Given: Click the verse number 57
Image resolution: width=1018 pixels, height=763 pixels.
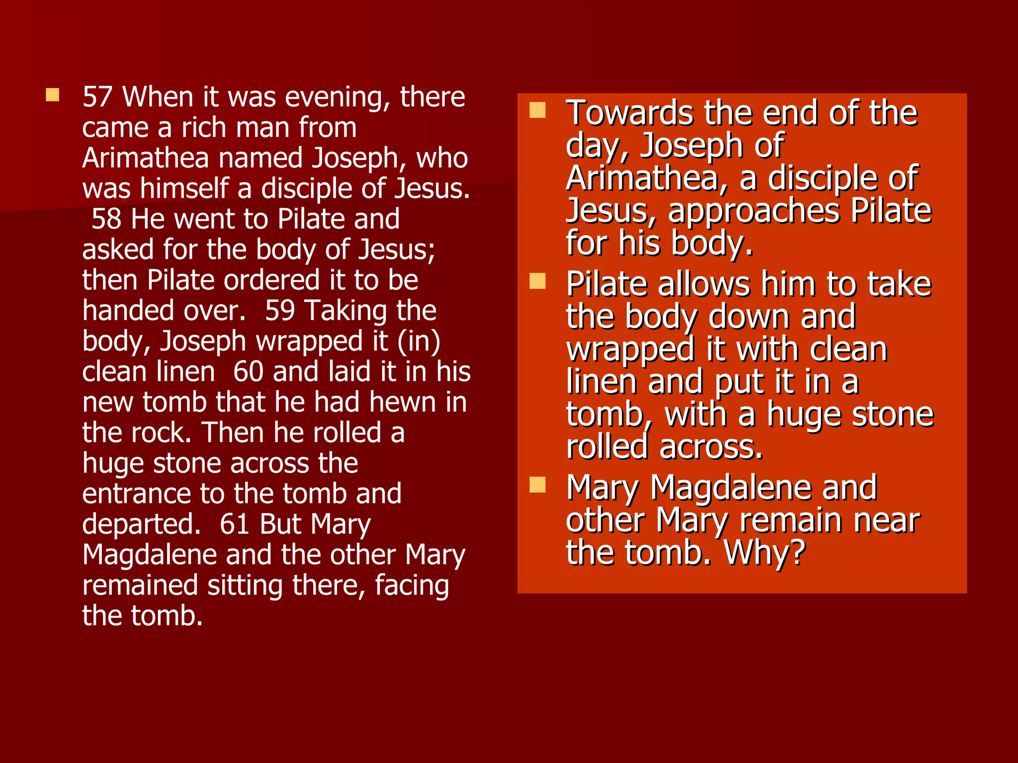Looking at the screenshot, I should coord(97,97).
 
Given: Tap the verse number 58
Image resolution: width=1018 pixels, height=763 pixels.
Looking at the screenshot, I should coord(106,219).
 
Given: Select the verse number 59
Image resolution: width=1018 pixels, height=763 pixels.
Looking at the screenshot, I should coord(280,311).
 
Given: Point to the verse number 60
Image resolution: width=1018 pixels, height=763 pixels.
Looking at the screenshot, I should coord(248,372).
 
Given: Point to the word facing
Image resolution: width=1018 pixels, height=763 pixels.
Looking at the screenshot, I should coord(412,586).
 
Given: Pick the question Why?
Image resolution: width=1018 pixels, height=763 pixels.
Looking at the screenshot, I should coord(764,553).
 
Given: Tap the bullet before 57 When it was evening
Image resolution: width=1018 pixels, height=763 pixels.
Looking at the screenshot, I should coord(52,95).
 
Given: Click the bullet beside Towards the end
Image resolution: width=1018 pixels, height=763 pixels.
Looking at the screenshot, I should coord(537,110).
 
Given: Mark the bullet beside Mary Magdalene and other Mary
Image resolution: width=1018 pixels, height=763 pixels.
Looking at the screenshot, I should coord(537,485).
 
